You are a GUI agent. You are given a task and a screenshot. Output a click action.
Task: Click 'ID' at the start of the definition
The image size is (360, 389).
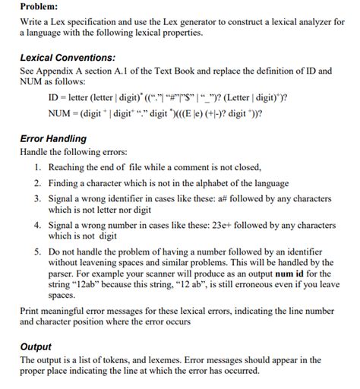[x=54, y=98]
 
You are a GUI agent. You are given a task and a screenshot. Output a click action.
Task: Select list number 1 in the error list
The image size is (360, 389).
[x=38, y=167]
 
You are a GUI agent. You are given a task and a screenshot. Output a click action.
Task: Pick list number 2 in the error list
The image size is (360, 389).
[x=38, y=183]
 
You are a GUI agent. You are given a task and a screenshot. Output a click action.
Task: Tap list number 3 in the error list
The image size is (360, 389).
[x=38, y=198]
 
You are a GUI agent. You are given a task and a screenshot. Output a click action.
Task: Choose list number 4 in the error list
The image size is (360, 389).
[x=38, y=226]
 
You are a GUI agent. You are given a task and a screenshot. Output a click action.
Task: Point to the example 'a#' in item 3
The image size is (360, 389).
[x=245, y=198]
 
